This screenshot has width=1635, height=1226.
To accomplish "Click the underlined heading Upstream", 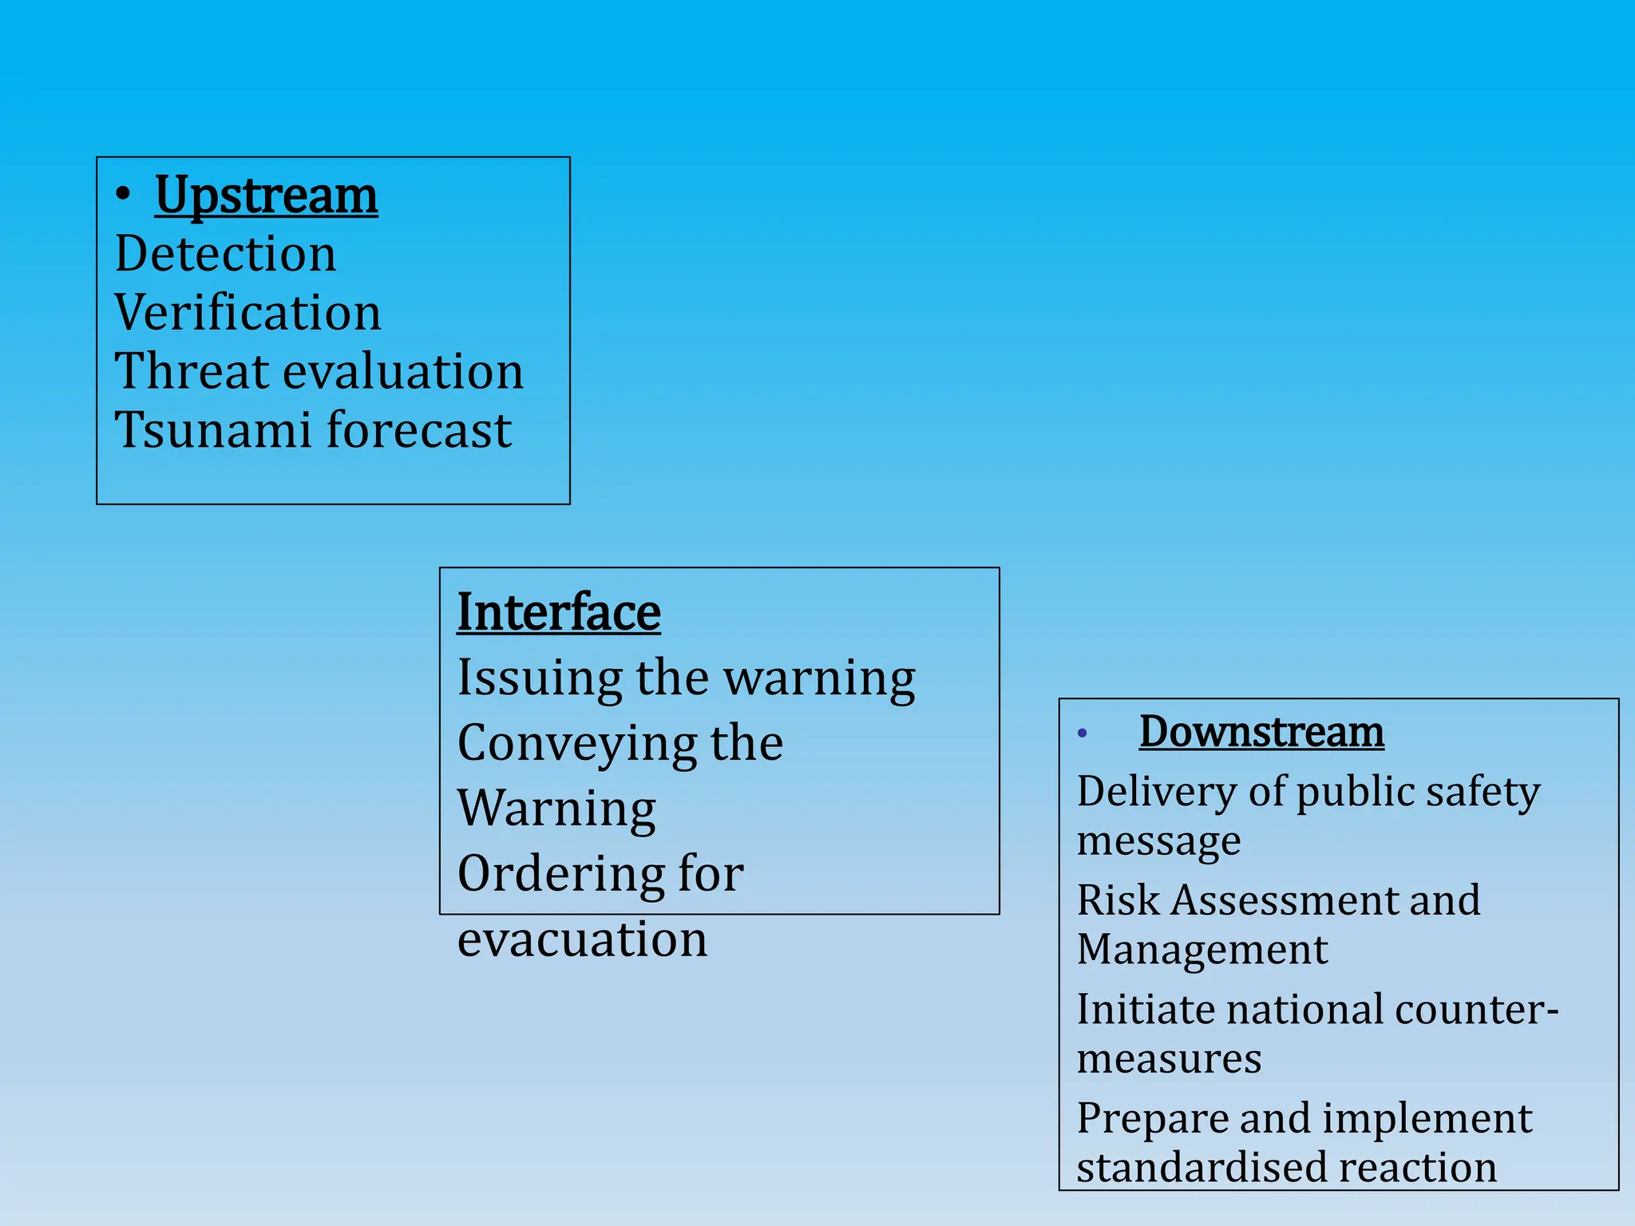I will [x=266, y=196].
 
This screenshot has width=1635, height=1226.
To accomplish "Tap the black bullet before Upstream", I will [x=122, y=194].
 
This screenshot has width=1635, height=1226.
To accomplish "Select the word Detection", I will [x=225, y=254].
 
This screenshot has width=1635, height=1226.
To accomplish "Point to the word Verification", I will [x=247, y=312].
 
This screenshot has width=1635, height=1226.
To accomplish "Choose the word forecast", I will [x=419, y=430].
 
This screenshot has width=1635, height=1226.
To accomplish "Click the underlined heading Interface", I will [x=558, y=613].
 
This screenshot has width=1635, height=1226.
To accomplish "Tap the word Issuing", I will [x=539, y=680].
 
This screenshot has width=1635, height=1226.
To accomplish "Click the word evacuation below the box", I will [x=582, y=939].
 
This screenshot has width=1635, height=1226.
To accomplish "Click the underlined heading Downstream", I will [x=1261, y=732].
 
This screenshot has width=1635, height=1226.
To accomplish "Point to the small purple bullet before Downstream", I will [x=1082, y=734].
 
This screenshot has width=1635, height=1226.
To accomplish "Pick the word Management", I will [x=1202, y=950].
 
